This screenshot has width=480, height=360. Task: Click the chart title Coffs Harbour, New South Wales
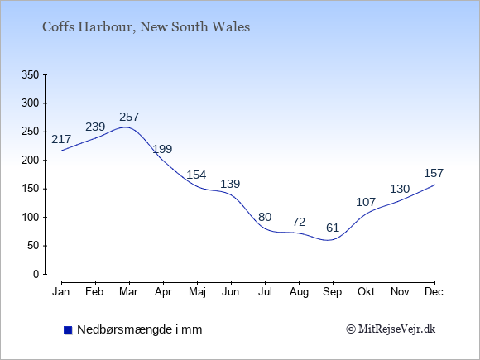146,27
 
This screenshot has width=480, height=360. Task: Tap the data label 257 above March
129,117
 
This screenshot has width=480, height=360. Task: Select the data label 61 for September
333,228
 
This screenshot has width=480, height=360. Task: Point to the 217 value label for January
61,139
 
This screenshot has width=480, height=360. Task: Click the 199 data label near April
162,149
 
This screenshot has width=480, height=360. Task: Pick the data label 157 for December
434,173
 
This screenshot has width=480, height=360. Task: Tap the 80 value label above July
265,217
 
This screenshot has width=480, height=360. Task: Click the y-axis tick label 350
31,75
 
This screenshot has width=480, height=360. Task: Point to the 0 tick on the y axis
36,274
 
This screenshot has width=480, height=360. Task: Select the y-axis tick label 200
31,161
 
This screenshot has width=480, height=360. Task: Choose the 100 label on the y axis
31,218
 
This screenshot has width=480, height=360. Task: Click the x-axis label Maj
197,292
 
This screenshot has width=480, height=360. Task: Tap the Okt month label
366,292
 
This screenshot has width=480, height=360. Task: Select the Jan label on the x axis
61,292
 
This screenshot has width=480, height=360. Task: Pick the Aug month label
299,292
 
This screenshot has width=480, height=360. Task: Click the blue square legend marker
68,330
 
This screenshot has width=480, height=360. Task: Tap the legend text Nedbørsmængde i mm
140,330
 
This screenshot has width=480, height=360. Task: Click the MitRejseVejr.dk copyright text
391,329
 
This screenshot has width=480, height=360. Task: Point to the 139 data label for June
230,184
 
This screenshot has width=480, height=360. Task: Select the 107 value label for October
366,202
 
